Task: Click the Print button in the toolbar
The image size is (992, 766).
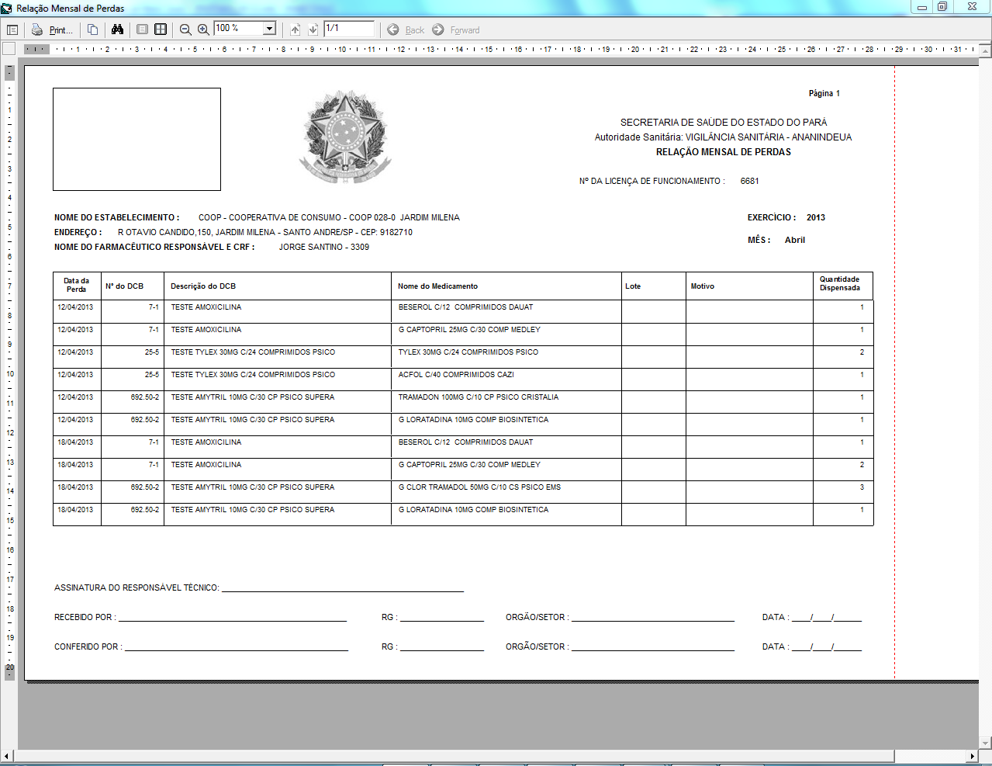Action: [x=52, y=29]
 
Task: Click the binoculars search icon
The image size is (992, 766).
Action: [x=117, y=29]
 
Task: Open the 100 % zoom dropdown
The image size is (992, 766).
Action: [x=270, y=29]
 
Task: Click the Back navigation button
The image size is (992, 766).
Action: [x=406, y=29]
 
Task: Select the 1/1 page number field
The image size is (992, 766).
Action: [x=348, y=29]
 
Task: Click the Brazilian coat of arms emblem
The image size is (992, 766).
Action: [x=345, y=137]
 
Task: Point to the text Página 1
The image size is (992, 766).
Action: [x=824, y=93]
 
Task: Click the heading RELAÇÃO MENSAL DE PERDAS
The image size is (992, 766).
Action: [x=723, y=152]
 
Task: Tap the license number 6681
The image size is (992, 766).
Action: [x=749, y=181]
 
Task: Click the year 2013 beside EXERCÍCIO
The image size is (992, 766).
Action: [x=815, y=217]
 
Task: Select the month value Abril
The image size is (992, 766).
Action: [x=794, y=240]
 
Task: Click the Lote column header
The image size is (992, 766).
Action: [x=633, y=286]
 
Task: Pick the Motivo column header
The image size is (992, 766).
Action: [x=703, y=286]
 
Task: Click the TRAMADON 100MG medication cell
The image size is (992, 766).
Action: [x=478, y=397]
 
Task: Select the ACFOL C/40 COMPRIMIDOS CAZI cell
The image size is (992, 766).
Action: [x=456, y=375]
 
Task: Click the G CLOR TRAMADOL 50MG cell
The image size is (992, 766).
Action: [x=479, y=487]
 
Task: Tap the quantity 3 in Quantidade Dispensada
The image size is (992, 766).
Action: [x=862, y=487]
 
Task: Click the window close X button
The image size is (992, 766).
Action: [x=971, y=7]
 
